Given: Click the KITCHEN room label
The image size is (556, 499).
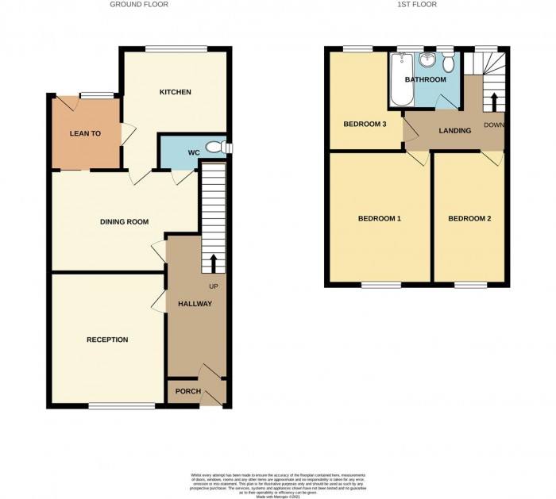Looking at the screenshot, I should coord(175,92).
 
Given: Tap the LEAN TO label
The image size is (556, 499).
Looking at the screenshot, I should coord(85,133).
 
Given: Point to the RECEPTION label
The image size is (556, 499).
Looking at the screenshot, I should coord(107,340).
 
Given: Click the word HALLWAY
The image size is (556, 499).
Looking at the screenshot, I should coord(195,304).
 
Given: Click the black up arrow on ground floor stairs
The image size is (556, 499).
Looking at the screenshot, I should coord(213,263).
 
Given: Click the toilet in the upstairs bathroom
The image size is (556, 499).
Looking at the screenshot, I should coord(450,63).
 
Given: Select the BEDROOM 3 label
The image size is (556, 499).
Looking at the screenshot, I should coord(365,125).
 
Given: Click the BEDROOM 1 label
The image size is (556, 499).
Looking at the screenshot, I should coord(379,218).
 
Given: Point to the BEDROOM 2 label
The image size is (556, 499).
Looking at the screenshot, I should coord(469,218).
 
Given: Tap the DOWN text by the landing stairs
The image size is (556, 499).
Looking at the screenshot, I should coord(492,125).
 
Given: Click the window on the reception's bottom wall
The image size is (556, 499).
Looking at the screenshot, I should coord(122,406).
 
